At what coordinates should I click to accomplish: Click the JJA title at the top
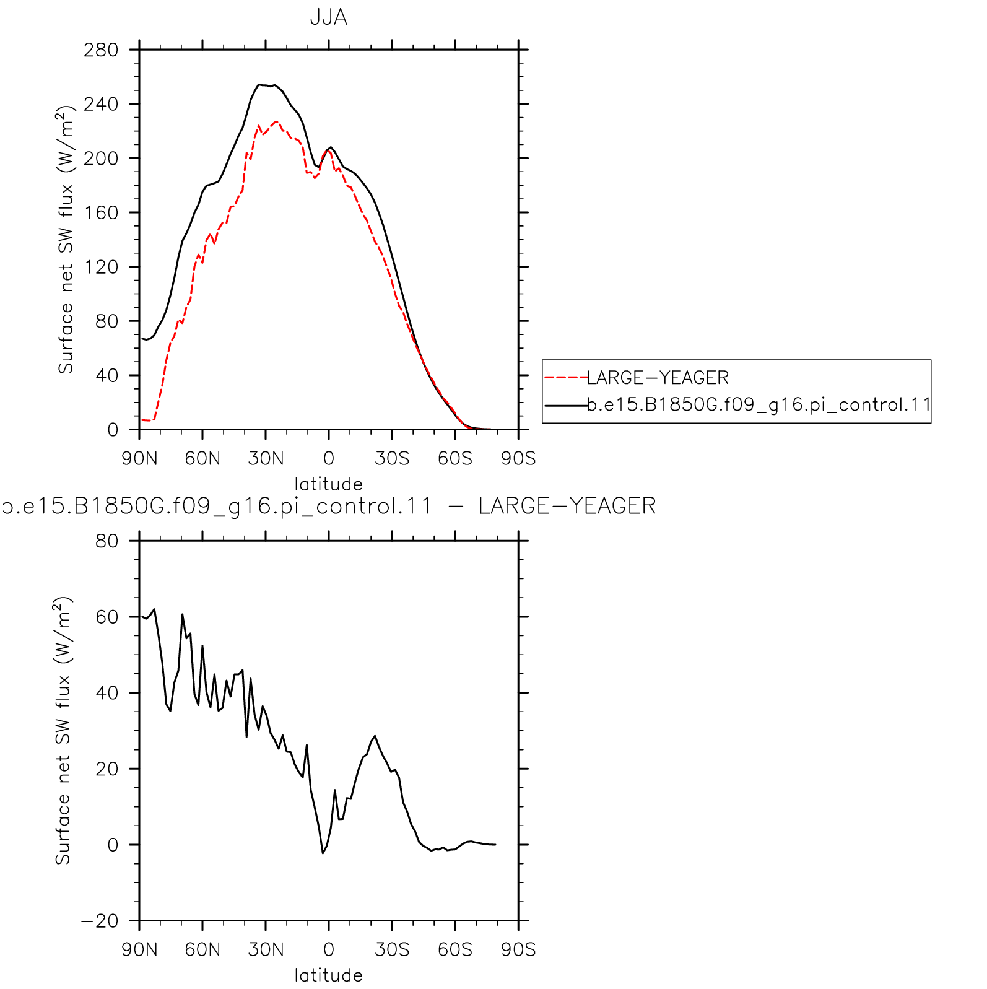[328, 17]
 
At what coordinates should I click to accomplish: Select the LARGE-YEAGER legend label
[658, 377]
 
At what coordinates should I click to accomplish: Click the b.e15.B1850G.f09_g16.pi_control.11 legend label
[759, 405]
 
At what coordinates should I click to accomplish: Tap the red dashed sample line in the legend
[566, 377]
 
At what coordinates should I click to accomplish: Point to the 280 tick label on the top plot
[101, 50]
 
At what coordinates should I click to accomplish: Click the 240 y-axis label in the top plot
[101, 104]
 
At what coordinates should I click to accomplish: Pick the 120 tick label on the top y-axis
[101, 267]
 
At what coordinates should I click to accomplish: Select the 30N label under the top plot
[266, 458]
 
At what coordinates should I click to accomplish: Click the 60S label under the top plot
[455, 458]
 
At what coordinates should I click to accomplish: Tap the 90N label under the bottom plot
[139, 949]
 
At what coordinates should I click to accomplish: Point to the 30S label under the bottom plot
[392, 949]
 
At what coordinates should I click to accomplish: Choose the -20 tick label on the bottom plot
[99, 921]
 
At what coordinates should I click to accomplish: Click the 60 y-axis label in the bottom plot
[107, 617]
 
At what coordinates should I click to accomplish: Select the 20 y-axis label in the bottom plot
[107, 769]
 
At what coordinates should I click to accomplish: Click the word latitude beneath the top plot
[328, 484]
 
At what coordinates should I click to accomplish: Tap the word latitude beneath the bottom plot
[328, 975]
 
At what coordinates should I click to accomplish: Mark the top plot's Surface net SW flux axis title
[66, 239]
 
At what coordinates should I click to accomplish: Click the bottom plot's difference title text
[329, 506]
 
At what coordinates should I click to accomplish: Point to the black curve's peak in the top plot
[259, 84]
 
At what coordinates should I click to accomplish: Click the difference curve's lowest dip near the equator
[323, 853]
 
